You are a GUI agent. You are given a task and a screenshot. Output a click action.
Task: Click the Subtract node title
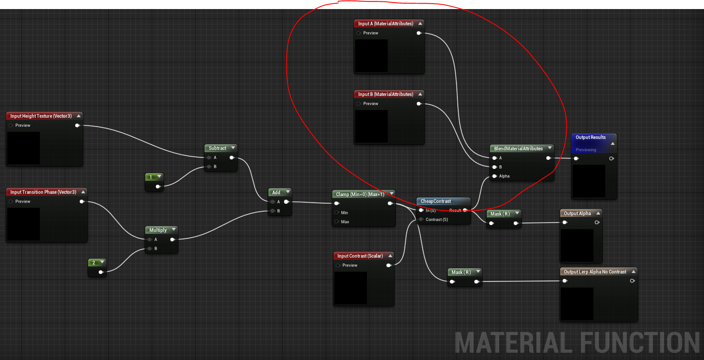217,148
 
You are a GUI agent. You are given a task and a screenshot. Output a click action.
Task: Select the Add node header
276,192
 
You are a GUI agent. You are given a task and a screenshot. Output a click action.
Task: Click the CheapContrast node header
436,201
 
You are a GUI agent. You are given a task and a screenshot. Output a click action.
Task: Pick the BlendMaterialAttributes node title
518,149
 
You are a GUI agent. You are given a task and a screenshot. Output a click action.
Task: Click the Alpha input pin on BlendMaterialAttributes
495,176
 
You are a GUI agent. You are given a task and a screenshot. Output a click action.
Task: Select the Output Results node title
590,137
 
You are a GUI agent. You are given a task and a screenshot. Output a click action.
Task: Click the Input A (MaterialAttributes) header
386,24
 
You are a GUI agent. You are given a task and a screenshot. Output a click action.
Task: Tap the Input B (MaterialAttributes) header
386,94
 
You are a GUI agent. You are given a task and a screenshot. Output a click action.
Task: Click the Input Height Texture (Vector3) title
41,116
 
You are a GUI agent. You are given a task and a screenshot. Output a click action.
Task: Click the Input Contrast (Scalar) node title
360,256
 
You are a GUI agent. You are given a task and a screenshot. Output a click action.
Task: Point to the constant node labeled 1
151,177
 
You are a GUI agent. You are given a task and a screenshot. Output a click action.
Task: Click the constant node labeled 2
94,263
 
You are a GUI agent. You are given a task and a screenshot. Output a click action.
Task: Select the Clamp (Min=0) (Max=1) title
360,194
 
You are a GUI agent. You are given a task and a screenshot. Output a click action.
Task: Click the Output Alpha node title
577,213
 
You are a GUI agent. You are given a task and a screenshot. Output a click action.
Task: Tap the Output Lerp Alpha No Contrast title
595,272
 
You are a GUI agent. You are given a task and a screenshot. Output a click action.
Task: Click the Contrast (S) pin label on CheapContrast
437,220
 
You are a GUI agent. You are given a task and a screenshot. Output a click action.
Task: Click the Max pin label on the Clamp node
345,222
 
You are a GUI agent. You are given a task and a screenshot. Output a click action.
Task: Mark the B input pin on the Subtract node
209,167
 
